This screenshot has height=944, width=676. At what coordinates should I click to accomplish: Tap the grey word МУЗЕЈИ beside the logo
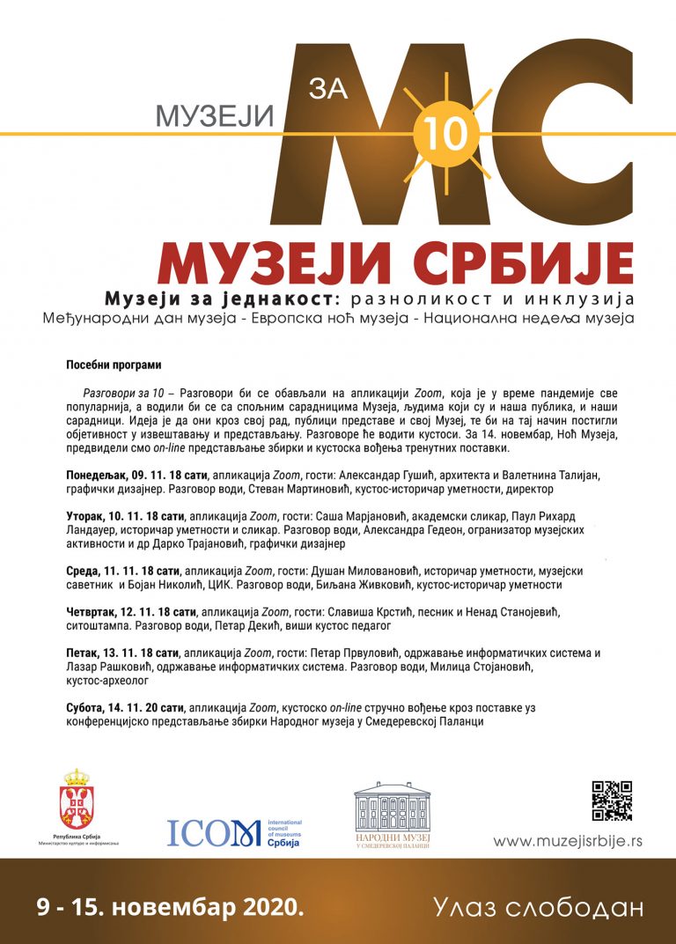click(216, 114)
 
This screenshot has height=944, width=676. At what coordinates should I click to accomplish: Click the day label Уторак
click(86, 516)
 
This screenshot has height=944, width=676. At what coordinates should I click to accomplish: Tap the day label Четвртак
click(92, 611)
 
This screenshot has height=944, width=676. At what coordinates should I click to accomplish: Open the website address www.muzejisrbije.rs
click(568, 841)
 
